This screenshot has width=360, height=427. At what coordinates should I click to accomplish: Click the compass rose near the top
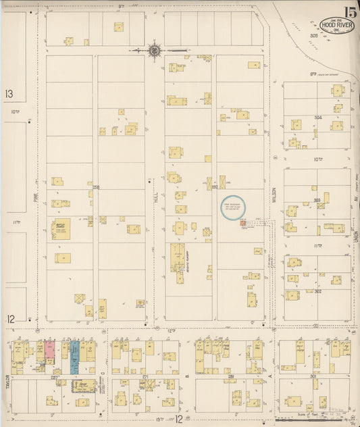coord(155,50)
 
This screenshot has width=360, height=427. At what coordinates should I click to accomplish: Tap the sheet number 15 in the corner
coord(350,11)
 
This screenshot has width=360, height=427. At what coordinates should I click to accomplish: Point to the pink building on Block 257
coord(50,350)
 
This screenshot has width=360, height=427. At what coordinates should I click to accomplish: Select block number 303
coord(317,201)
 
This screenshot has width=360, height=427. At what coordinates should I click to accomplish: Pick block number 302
coord(317,291)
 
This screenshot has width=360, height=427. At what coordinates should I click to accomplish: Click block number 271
coord(145,375)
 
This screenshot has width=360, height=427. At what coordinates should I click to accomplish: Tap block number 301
coord(313,375)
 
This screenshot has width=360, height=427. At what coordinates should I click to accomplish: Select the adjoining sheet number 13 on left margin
coord(9,94)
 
